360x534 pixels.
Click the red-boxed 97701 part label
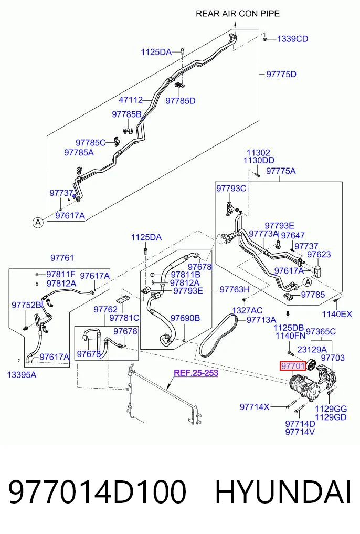pos(293,366)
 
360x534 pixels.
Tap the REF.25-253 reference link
pos(196,373)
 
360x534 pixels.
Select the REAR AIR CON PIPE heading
pos(238,14)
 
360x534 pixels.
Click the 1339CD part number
pos(293,39)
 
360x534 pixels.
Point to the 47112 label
pos(131,100)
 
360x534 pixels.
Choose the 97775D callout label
pos(281,74)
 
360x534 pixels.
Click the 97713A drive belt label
pos(261,320)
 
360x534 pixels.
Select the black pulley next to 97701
pos(312,365)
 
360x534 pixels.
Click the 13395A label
pos(22,375)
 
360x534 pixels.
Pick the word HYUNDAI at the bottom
pos(283,492)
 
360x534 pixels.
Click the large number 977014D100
pos(97,492)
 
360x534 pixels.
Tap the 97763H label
pos(235,289)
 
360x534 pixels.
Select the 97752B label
pos(26,305)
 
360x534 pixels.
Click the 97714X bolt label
pos(255,406)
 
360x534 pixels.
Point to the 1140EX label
pos(337,314)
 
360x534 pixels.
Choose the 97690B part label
pos(185,318)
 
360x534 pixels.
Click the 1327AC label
pos(247,310)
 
